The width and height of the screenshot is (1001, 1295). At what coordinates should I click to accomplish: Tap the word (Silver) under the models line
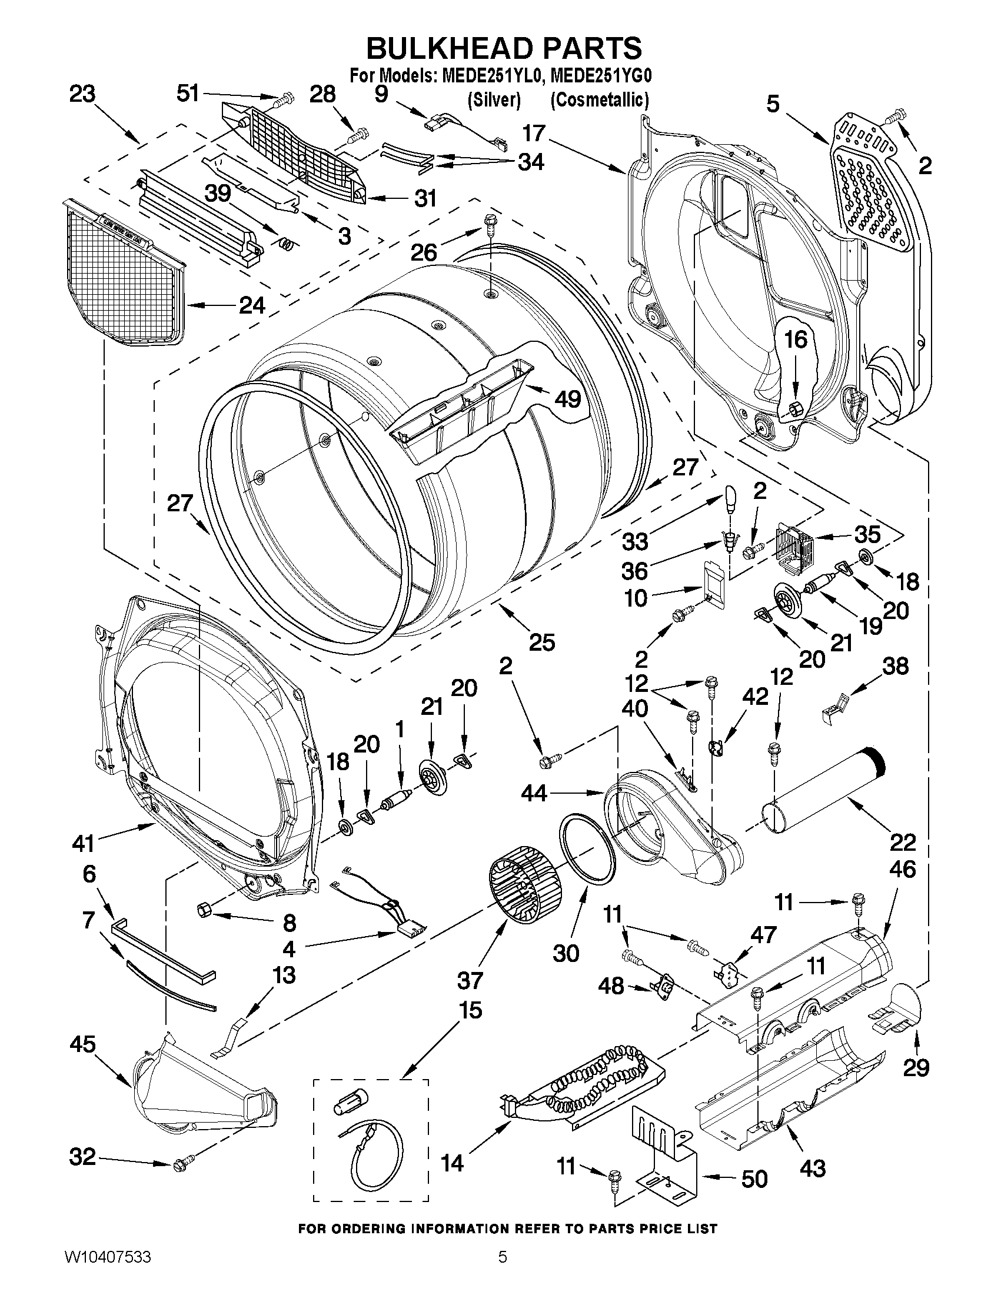[x=493, y=100]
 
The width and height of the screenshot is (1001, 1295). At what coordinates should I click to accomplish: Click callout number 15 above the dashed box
[x=470, y=1009]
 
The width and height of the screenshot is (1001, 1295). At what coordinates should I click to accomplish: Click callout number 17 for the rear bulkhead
[x=534, y=133]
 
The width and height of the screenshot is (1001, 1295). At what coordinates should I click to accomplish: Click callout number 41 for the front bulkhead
[x=84, y=843]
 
